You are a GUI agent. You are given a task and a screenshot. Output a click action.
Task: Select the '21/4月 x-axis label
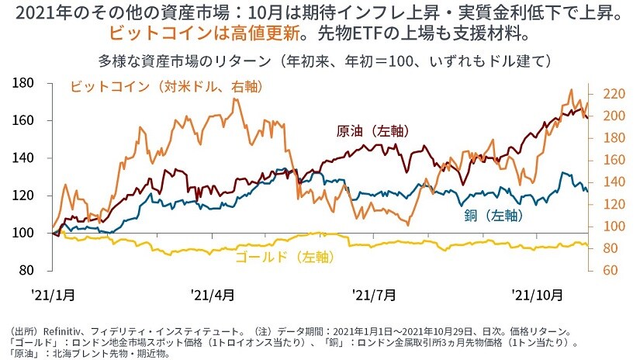[213, 295]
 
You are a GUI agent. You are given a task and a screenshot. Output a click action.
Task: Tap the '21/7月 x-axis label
[375, 295]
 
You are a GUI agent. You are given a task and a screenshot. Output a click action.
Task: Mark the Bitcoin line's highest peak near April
[236, 99]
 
